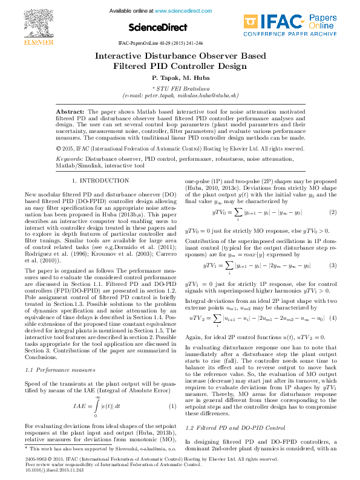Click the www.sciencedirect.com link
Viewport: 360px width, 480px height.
pos(178,11)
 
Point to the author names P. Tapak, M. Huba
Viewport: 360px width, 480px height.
pos(180,78)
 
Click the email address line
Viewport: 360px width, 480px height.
pos(180,95)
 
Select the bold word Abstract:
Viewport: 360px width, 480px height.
pos(70,112)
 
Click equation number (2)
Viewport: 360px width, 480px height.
pos(333,212)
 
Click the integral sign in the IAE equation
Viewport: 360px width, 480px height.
pos(97,406)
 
